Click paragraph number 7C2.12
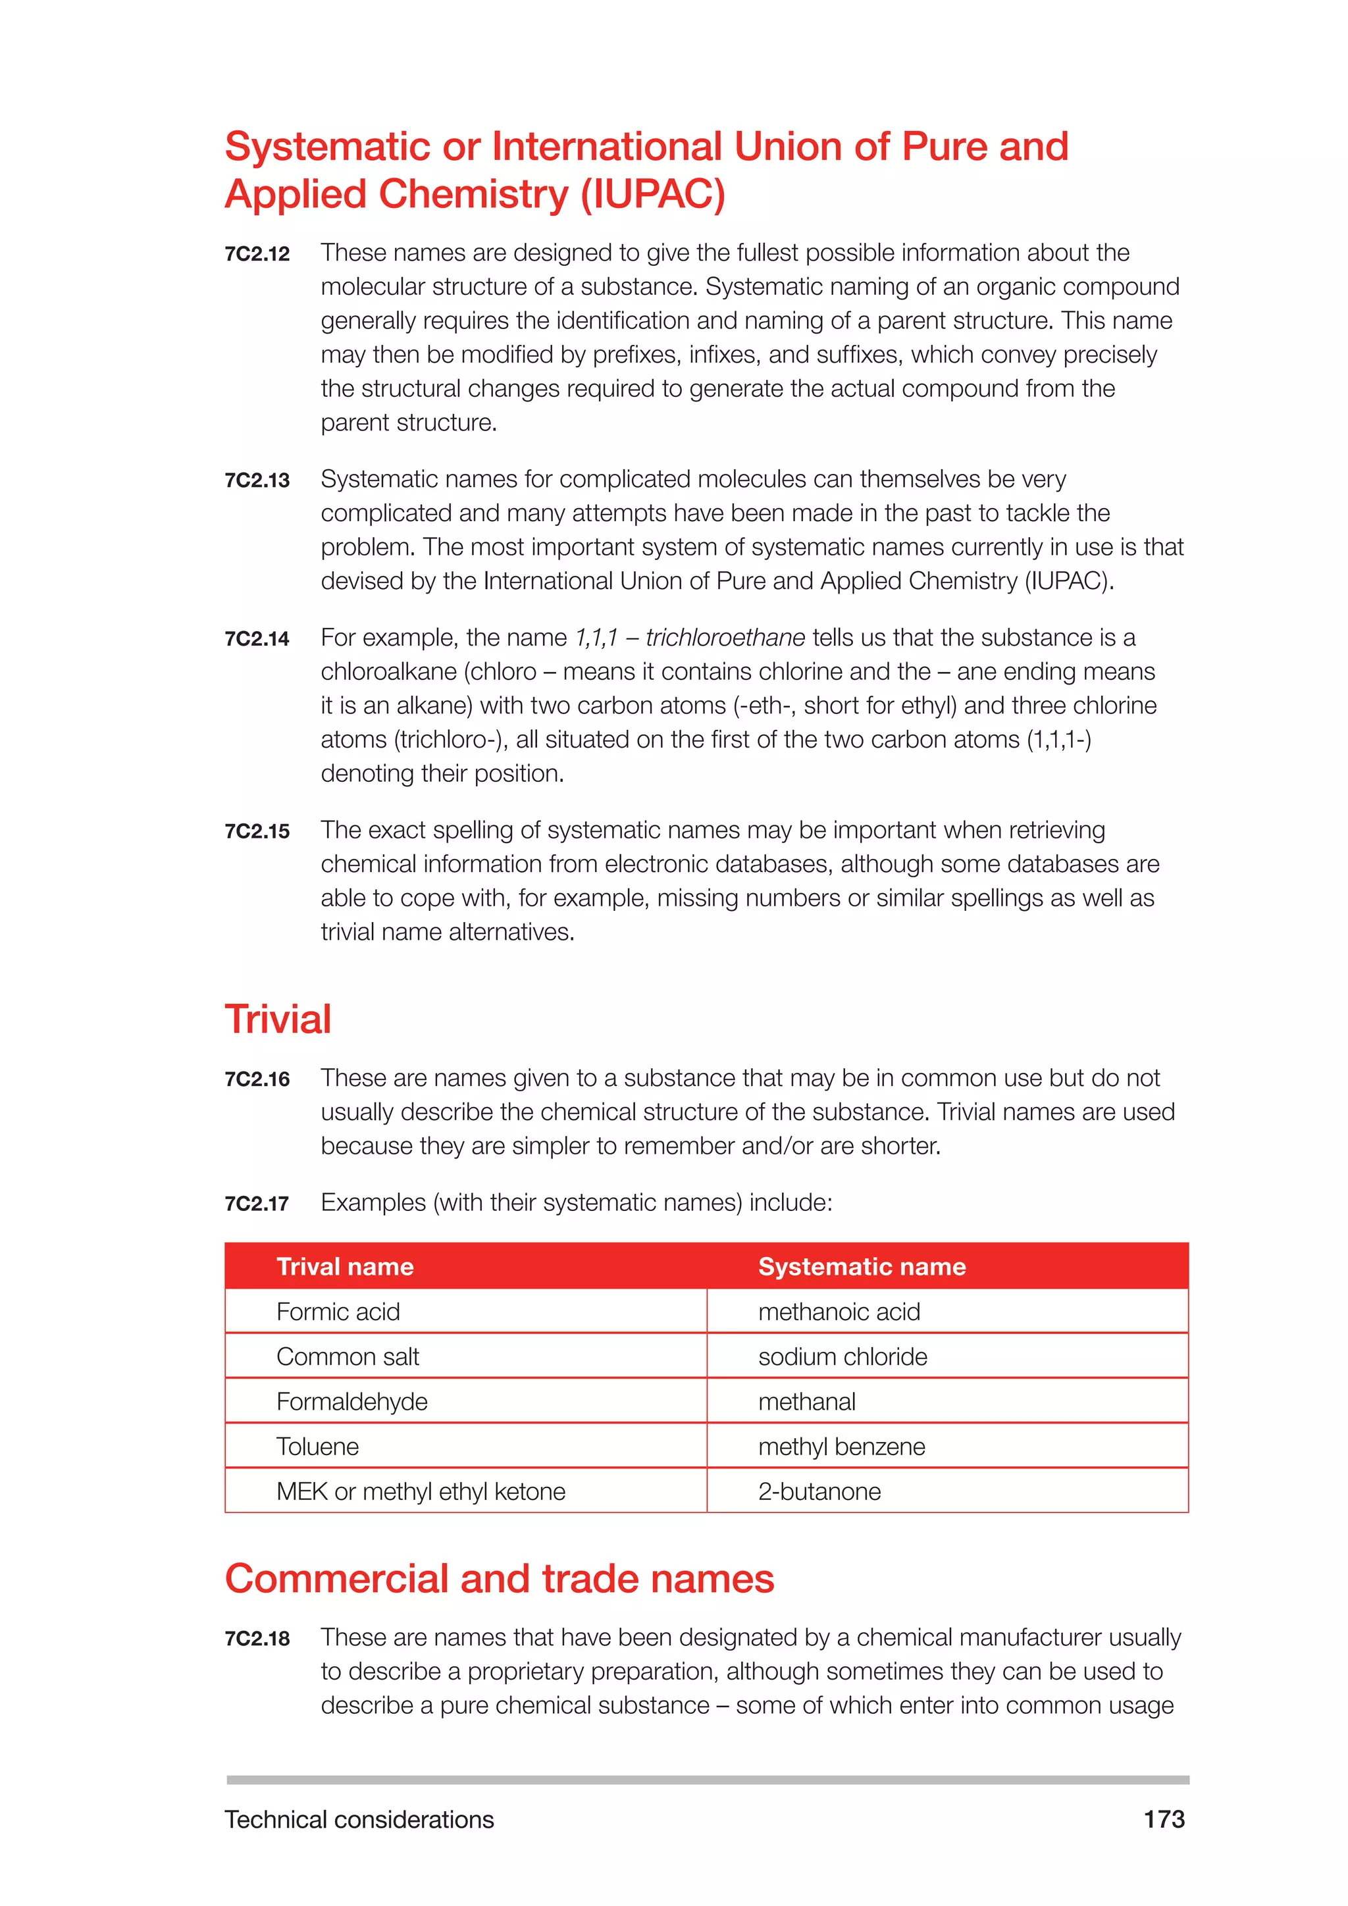[257, 254]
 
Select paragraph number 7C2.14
[257, 638]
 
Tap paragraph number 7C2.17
[257, 1204]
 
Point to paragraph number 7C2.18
[257, 1639]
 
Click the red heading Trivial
[278, 1019]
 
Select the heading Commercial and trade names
[499, 1579]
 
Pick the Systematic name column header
[862, 1267]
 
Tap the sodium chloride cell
[842, 1356]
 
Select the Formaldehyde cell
[352, 1401]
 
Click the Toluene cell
[318, 1447]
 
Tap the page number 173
[1164, 1820]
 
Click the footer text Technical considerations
[359, 1820]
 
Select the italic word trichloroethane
[725, 638]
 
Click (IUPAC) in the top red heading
[652, 194]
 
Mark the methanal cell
[807, 1401]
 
